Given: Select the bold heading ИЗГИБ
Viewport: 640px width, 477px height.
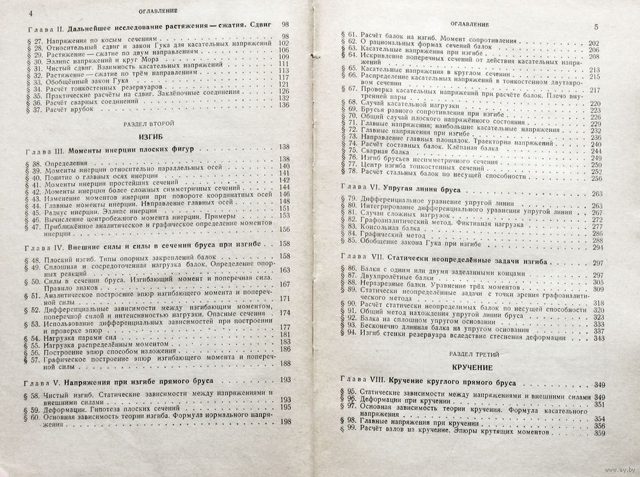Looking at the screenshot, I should (x=147, y=136).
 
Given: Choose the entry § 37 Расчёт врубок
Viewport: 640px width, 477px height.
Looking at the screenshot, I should (x=70, y=111).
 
